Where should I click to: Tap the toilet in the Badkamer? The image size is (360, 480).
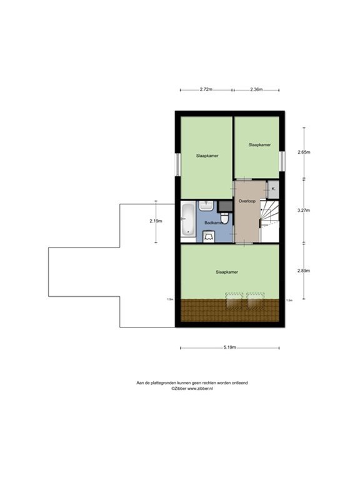pos(209,236)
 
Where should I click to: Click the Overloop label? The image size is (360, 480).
pos(247,201)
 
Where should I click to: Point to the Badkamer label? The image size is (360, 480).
pos(213,222)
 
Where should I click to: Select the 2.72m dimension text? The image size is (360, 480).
pos(206,89)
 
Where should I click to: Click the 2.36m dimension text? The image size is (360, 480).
pos(256,89)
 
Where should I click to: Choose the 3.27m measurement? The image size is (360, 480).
pos(304,211)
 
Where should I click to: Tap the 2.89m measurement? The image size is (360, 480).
pos(304,271)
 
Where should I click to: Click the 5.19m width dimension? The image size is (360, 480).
pos(229,347)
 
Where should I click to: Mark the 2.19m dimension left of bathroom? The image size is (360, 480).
pos(156,220)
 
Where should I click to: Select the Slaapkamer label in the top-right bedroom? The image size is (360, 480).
pos(259,144)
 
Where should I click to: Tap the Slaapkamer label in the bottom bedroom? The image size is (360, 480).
pos(227,272)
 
